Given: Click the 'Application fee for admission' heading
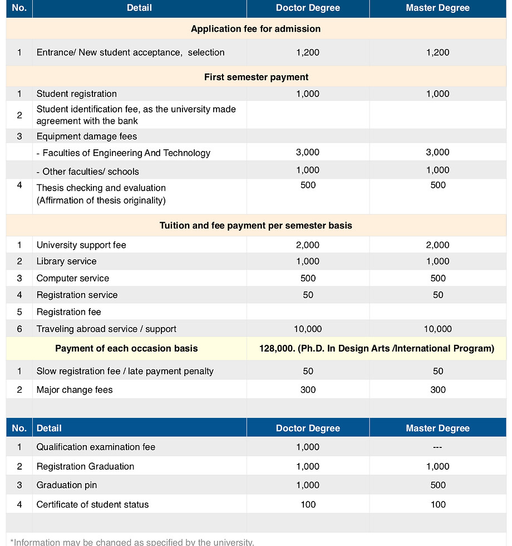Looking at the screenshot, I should pyautogui.click(x=255, y=29).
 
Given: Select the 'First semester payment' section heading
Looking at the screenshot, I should pyautogui.click(x=256, y=77).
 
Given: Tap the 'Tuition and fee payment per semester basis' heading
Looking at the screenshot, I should pyautogui.click(x=255, y=226).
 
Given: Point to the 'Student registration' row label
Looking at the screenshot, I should pyautogui.click(x=76, y=94).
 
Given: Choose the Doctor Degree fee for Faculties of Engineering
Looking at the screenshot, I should pyautogui.click(x=308, y=152).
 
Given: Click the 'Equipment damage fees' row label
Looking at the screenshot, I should pyautogui.click(x=86, y=136).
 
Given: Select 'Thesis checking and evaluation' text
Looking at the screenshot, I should pyautogui.click(x=101, y=188).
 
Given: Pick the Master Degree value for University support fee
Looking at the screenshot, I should pyautogui.click(x=437, y=245).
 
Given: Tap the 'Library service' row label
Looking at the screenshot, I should pyautogui.click(x=66, y=261).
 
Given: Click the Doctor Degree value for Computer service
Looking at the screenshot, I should pyautogui.click(x=308, y=278).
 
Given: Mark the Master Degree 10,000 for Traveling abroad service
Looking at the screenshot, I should pyautogui.click(x=437, y=329).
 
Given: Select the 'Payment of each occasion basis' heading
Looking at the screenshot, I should pyautogui.click(x=126, y=348).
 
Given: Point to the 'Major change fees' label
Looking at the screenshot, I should pyautogui.click(x=74, y=389).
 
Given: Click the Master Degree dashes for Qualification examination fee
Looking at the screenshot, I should pyautogui.click(x=437, y=447).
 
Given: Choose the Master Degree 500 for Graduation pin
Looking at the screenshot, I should pyautogui.click(x=437, y=485).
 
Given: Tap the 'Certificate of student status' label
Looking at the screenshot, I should pyautogui.click(x=92, y=504).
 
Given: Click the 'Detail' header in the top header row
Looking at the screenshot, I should pyautogui.click(x=139, y=8).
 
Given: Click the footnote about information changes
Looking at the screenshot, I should pyautogui.click(x=132, y=542).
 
